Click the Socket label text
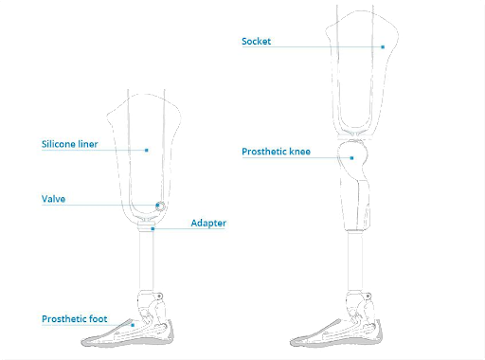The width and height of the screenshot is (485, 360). point(256,42)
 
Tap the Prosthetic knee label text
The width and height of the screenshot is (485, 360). point(276,152)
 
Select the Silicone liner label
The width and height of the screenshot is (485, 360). point(69,144)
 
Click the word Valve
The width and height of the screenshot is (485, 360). point(53,199)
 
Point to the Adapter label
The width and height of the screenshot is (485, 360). point(208,223)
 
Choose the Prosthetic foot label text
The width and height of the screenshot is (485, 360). point(75,319)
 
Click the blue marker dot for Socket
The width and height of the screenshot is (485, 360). point(383,46)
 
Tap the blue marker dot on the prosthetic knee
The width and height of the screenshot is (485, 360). point(351,157)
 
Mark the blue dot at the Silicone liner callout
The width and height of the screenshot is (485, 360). point(147,150)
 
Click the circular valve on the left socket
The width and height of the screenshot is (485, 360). point(160,207)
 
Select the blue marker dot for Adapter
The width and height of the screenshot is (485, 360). point(153,228)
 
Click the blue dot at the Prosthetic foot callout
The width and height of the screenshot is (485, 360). point(133,325)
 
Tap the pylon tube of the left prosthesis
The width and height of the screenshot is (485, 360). point(146,261)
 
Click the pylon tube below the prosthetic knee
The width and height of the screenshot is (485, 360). point(355,261)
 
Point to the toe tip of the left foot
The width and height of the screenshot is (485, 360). point(82,342)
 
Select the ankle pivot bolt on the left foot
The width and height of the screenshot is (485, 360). point(160,297)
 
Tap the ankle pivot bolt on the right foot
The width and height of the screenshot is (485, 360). point(368,297)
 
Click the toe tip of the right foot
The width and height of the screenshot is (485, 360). point(292,342)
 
